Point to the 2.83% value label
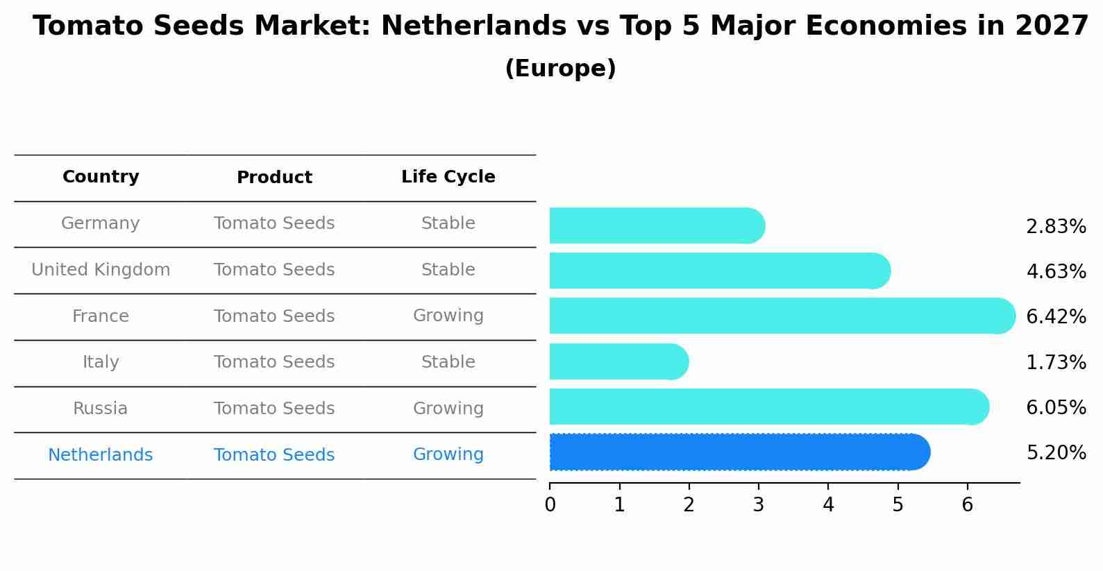[1056, 227]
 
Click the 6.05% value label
[1056, 407]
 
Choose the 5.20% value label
[1056, 453]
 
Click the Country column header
[101, 177]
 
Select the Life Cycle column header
[448, 177]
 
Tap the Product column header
[274, 178]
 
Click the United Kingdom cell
[101, 270]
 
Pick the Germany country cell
[101, 223]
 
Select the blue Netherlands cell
[101, 455]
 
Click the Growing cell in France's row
[448, 316]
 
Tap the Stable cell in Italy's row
[448, 362]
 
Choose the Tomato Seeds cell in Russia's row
[274, 409]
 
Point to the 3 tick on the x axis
[758, 505]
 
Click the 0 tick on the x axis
[550, 505]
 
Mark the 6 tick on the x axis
[967, 505]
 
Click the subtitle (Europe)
[560, 69]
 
